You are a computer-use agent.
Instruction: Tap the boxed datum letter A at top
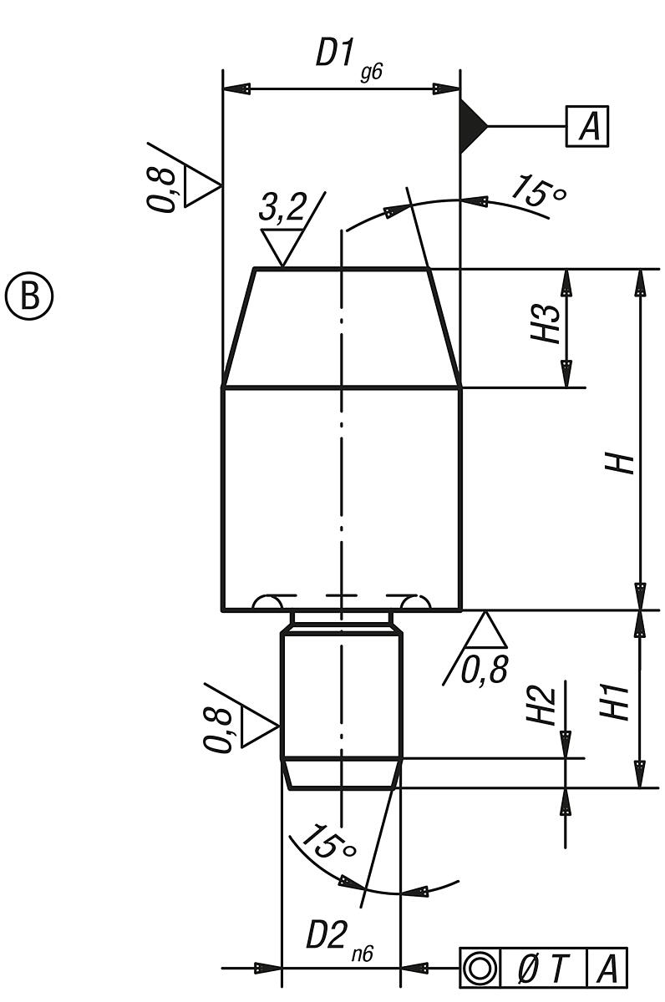(588, 126)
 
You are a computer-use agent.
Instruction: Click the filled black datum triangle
(471, 126)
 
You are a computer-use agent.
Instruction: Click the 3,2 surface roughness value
(284, 209)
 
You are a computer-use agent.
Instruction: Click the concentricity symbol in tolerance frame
(480, 969)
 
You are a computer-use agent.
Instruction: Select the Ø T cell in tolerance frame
(544, 969)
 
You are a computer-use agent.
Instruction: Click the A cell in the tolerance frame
(607, 969)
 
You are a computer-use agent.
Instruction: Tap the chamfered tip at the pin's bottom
(342, 774)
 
